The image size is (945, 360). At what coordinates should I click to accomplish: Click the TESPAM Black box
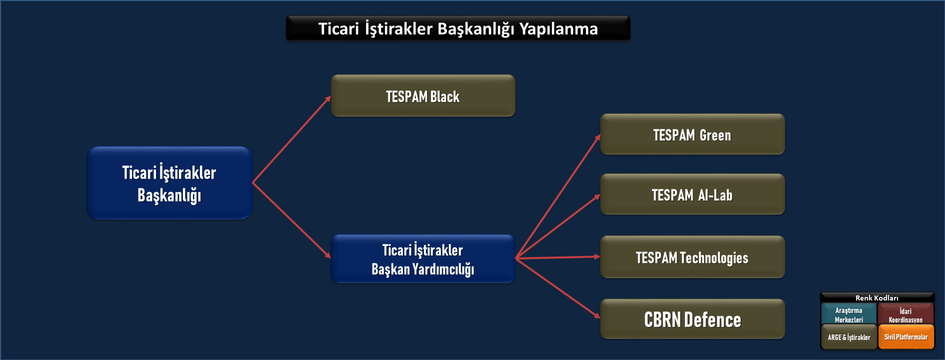(423, 95)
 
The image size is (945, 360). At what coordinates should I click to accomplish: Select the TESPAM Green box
(692, 134)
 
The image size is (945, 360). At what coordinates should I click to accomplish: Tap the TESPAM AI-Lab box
(692, 194)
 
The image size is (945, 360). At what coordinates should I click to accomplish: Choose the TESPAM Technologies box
(692, 257)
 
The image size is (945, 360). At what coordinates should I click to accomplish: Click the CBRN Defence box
(692, 319)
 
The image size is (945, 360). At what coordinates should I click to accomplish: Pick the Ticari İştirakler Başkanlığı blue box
(169, 183)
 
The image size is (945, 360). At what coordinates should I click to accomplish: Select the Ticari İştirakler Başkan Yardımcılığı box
(423, 259)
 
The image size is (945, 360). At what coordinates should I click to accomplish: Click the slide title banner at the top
(458, 28)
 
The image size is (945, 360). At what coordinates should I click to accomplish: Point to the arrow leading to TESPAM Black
(291, 139)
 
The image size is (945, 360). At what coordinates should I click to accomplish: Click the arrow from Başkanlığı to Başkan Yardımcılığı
(291, 220)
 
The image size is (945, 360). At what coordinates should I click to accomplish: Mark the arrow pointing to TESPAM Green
(558, 196)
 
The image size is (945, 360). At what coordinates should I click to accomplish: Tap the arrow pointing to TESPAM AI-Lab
(558, 226)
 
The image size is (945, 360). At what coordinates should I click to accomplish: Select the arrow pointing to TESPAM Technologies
(558, 257)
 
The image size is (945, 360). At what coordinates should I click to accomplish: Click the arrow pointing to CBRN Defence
(558, 288)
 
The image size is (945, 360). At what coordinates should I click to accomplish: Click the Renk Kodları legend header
(877, 298)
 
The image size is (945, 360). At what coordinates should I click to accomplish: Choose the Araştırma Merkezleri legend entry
(849, 314)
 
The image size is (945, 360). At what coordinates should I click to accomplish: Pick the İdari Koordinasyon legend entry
(906, 314)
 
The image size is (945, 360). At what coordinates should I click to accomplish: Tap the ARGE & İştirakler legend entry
(849, 337)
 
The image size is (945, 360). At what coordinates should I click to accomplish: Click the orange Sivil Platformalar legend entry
(906, 337)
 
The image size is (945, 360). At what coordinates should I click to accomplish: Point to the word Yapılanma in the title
(558, 29)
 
